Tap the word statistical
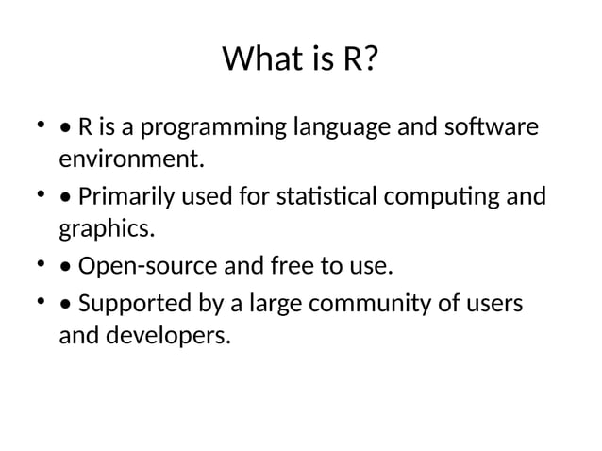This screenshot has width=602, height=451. tap(326, 198)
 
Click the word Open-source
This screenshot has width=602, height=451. tap(147, 266)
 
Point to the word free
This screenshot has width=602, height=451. tap(293, 266)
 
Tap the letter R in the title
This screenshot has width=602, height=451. tap(350, 61)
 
